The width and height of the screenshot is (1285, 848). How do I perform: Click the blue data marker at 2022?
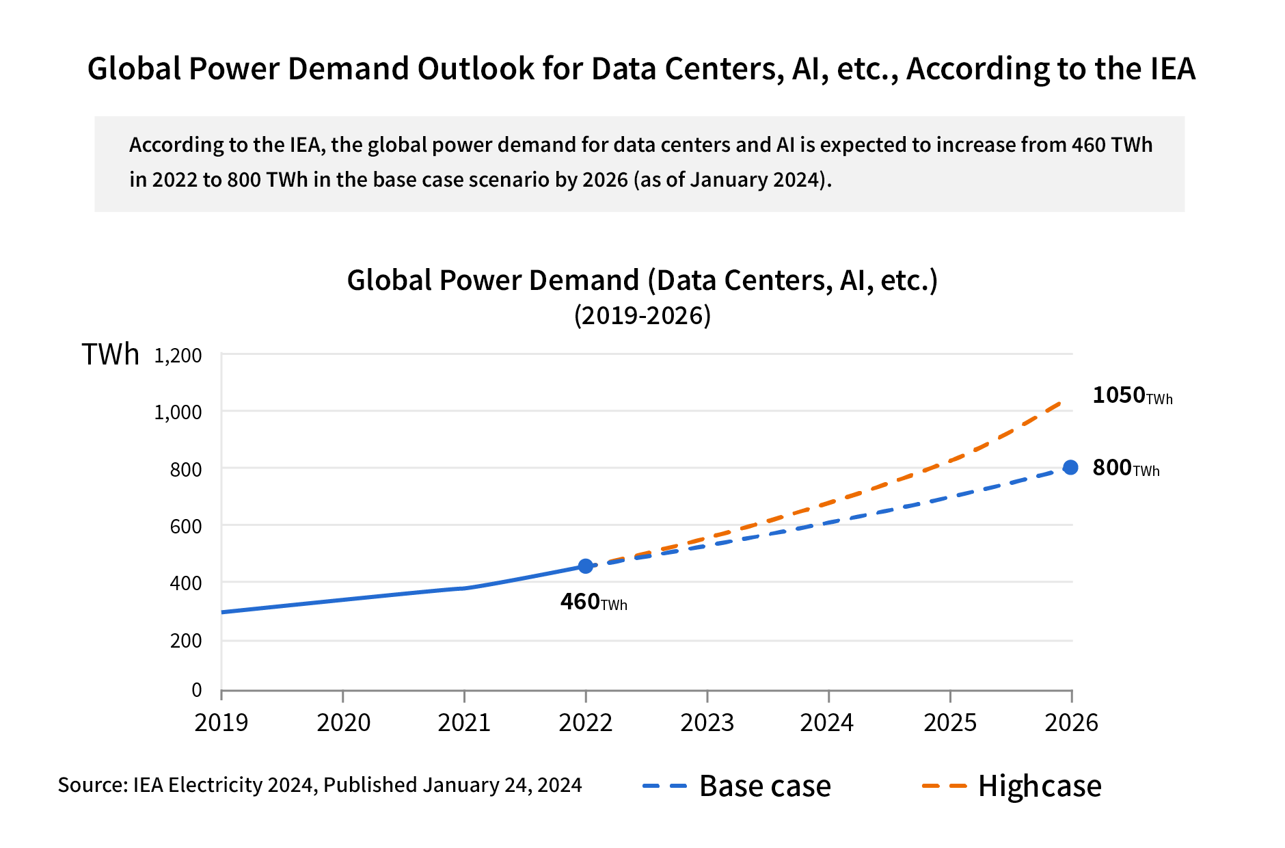point(585,566)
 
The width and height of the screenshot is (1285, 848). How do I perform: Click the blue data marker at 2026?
point(1070,468)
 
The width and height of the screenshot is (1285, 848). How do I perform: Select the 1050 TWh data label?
point(1131,396)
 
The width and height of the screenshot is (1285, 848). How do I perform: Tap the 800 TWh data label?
point(1125,468)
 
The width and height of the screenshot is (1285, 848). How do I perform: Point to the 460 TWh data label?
point(593,602)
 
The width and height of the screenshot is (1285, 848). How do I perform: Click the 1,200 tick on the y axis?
point(178,356)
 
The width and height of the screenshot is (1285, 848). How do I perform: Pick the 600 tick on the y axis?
point(186,527)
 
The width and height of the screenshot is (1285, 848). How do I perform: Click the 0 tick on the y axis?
point(197,690)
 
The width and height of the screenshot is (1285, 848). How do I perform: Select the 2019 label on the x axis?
point(221,723)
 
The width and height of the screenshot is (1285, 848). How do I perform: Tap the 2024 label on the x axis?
point(827,723)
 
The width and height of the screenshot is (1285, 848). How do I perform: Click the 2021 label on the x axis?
point(464,723)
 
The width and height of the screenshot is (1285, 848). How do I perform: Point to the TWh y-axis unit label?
point(110,355)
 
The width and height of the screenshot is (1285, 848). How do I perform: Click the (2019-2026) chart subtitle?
point(642,316)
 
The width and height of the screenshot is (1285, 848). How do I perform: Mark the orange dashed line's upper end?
point(1060,402)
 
